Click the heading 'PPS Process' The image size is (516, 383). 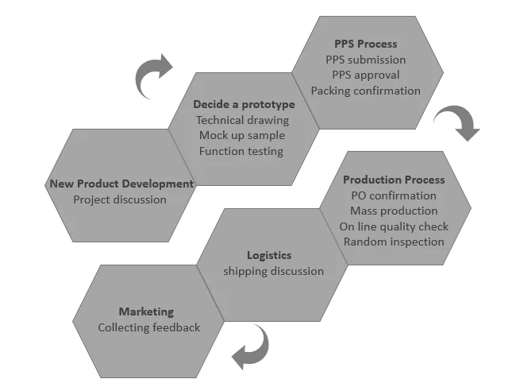(365, 44)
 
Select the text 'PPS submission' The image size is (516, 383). (365, 60)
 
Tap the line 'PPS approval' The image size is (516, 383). (365, 75)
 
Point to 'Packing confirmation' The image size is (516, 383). (365, 91)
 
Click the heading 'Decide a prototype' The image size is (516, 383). (244, 104)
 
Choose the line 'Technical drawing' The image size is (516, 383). (242, 120)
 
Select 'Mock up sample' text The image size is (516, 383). (242, 135)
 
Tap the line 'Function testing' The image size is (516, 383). (242, 151)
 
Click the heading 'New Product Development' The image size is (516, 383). (121, 184)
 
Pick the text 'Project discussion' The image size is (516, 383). (120, 199)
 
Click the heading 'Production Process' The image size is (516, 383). (394, 180)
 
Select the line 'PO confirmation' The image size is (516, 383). (393, 195)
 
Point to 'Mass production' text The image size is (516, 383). (394, 211)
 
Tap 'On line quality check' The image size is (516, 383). (394, 226)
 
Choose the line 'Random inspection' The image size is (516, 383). (394, 242)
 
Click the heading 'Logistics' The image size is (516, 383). (269, 255)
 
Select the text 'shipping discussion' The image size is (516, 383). (273, 271)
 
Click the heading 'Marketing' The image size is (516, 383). (146, 311)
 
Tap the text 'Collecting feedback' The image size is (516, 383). (149, 327)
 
